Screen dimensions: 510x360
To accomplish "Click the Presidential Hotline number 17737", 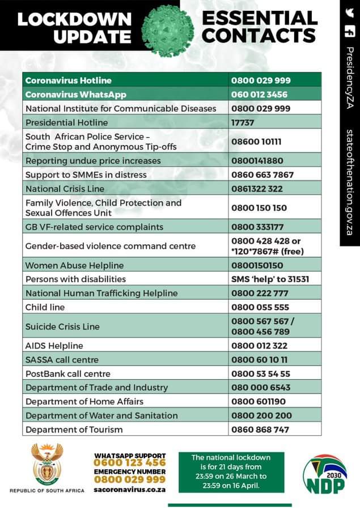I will (243, 122).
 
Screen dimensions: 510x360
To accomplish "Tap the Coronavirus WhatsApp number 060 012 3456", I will (259, 95).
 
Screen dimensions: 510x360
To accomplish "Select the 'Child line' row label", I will (45, 307).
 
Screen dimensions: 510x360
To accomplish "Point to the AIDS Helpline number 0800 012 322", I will (260, 346).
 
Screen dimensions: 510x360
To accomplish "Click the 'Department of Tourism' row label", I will (74, 430).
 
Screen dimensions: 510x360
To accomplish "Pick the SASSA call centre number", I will (259, 360).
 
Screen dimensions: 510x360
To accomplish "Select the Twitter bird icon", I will (349, 13).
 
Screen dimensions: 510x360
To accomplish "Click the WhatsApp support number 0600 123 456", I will (130, 463).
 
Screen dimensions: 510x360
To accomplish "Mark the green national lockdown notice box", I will (231, 471).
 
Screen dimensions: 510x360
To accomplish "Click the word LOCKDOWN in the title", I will (74, 19).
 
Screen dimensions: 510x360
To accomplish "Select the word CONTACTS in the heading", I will (259, 36).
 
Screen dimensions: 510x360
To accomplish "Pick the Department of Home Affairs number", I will (257, 402).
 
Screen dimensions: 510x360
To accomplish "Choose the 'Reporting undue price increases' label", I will (93, 161).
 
